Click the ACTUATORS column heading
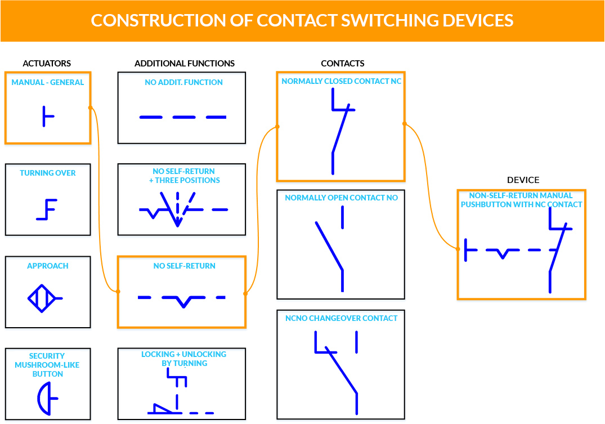point(47,64)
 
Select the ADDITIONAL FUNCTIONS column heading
point(185,64)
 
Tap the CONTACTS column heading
point(343,64)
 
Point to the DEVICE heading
point(523,180)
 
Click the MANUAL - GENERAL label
point(48,82)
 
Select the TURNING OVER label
point(48,173)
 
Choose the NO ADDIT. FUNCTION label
point(183,82)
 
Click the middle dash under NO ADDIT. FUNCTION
point(183,117)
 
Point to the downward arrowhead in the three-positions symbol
point(177,222)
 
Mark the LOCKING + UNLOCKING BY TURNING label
point(183,359)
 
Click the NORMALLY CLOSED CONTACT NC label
point(342,82)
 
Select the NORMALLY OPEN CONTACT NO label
point(341,198)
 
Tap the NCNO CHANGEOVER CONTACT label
point(341,318)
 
